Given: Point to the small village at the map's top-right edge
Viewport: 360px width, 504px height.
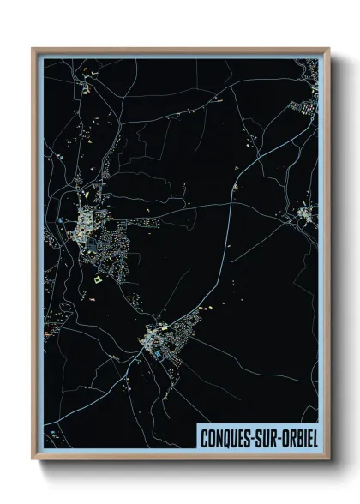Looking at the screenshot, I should point(304,107).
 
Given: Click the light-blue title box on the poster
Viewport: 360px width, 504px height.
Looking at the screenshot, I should point(257,435).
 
